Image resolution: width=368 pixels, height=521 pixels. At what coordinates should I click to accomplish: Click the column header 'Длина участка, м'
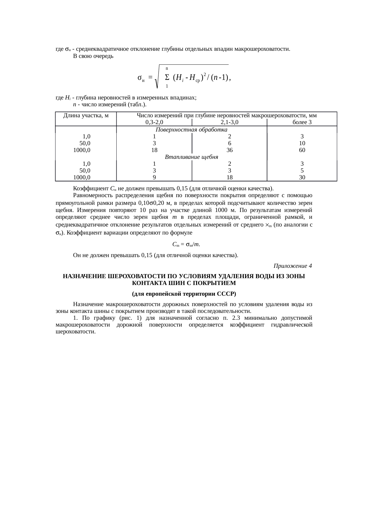pyautogui.click(x=86, y=115)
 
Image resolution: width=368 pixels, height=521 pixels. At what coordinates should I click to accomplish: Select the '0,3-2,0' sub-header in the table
pyautogui.click(x=154, y=122)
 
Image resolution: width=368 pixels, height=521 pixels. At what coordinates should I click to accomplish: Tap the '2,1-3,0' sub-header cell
pyautogui.click(x=229, y=122)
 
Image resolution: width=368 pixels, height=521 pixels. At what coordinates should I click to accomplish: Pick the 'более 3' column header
pyautogui.click(x=302, y=122)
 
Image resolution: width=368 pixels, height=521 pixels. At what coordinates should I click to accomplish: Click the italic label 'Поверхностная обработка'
pyautogui.click(x=191, y=130)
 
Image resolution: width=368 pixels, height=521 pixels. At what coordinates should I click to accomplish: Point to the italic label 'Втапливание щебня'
pyautogui.click(x=191, y=157)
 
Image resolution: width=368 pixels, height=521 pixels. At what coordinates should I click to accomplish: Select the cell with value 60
pyautogui.click(x=302, y=150)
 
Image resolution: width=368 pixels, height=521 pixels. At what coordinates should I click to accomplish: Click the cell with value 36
pyautogui.click(x=229, y=150)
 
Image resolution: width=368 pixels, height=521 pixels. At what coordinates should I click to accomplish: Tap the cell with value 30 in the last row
pyautogui.click(x=302, y=178)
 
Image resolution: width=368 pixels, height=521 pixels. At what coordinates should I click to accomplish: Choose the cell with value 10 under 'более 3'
pyautogui.click(x=302, y=143)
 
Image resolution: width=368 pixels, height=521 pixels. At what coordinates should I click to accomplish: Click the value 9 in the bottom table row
pyautogui.click(x=154, y=178)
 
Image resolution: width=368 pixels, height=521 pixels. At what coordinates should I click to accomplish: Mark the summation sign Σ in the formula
pyautogui.click(x=167, y=77)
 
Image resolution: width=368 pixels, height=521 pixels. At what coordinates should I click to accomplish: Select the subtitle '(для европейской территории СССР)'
pyautogui.click(x=184, y=294)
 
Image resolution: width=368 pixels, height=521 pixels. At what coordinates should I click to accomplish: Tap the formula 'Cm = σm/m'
pyautogui.click(x=186, y=245)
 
